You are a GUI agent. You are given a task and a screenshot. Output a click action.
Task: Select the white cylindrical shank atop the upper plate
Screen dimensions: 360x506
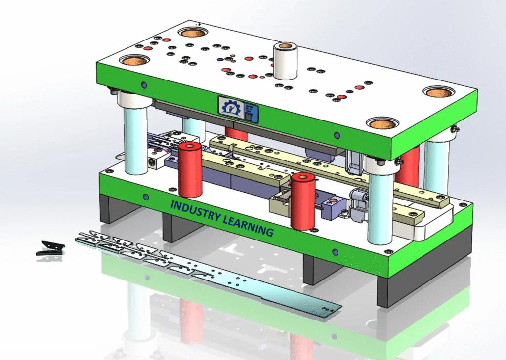point(285,61)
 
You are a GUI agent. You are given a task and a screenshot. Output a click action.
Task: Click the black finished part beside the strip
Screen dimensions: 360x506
point(50,248)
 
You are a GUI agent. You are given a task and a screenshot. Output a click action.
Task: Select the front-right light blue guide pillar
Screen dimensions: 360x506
point(380,207)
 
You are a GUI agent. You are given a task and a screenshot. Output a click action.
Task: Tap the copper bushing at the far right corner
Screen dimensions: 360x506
point(439,92)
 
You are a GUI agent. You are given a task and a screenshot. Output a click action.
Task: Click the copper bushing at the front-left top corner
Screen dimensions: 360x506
point(134,61)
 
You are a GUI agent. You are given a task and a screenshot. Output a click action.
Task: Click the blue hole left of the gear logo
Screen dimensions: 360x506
point(144,85)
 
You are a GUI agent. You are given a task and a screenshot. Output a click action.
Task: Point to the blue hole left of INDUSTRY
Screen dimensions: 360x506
point(146,197)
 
